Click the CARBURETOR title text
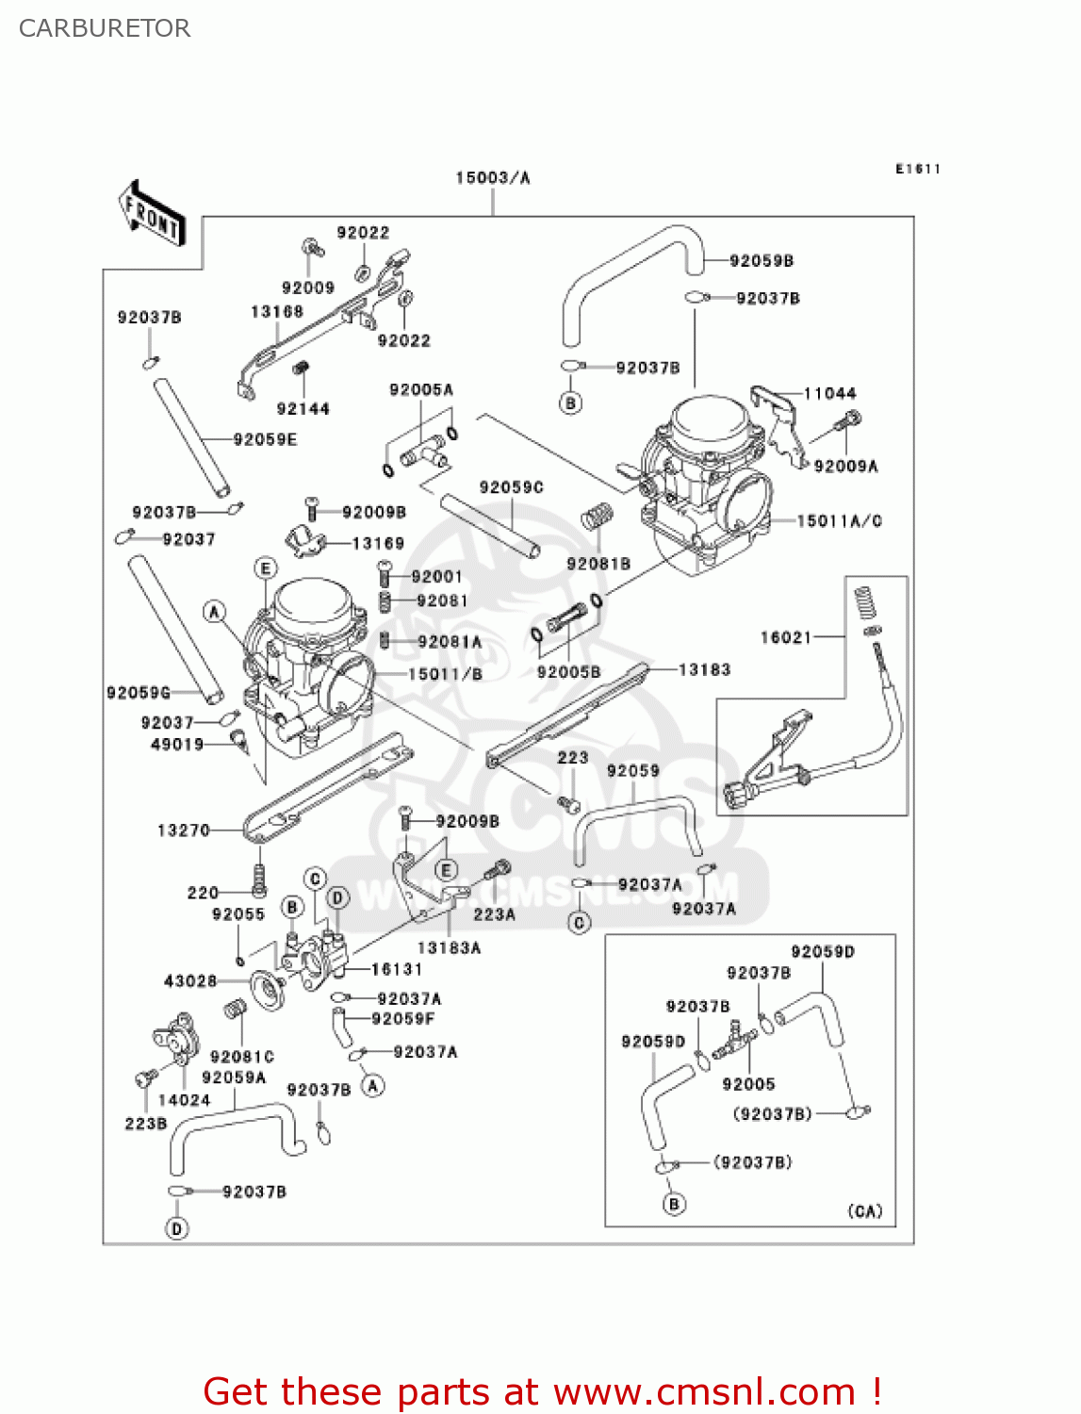coord(105,28)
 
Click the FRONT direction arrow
coord(152,214)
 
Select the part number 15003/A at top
coord(492,177)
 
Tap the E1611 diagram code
coord(917,169)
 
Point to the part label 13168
coord(277,311)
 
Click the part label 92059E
coord(265,439)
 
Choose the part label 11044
coord(829,393)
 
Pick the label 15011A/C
coord(839,520)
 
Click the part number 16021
coord(786,637)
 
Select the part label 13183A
coord(449,947)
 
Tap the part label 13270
coord(183,830)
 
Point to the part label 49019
coord(177,745)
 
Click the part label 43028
coord(190,981)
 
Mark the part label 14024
coord(184,1100)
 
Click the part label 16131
coord(397,969)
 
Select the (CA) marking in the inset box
coord(865,1211)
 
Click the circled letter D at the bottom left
coord(176,1228)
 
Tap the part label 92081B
coord(598,564)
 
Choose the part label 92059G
coord(139,693)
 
